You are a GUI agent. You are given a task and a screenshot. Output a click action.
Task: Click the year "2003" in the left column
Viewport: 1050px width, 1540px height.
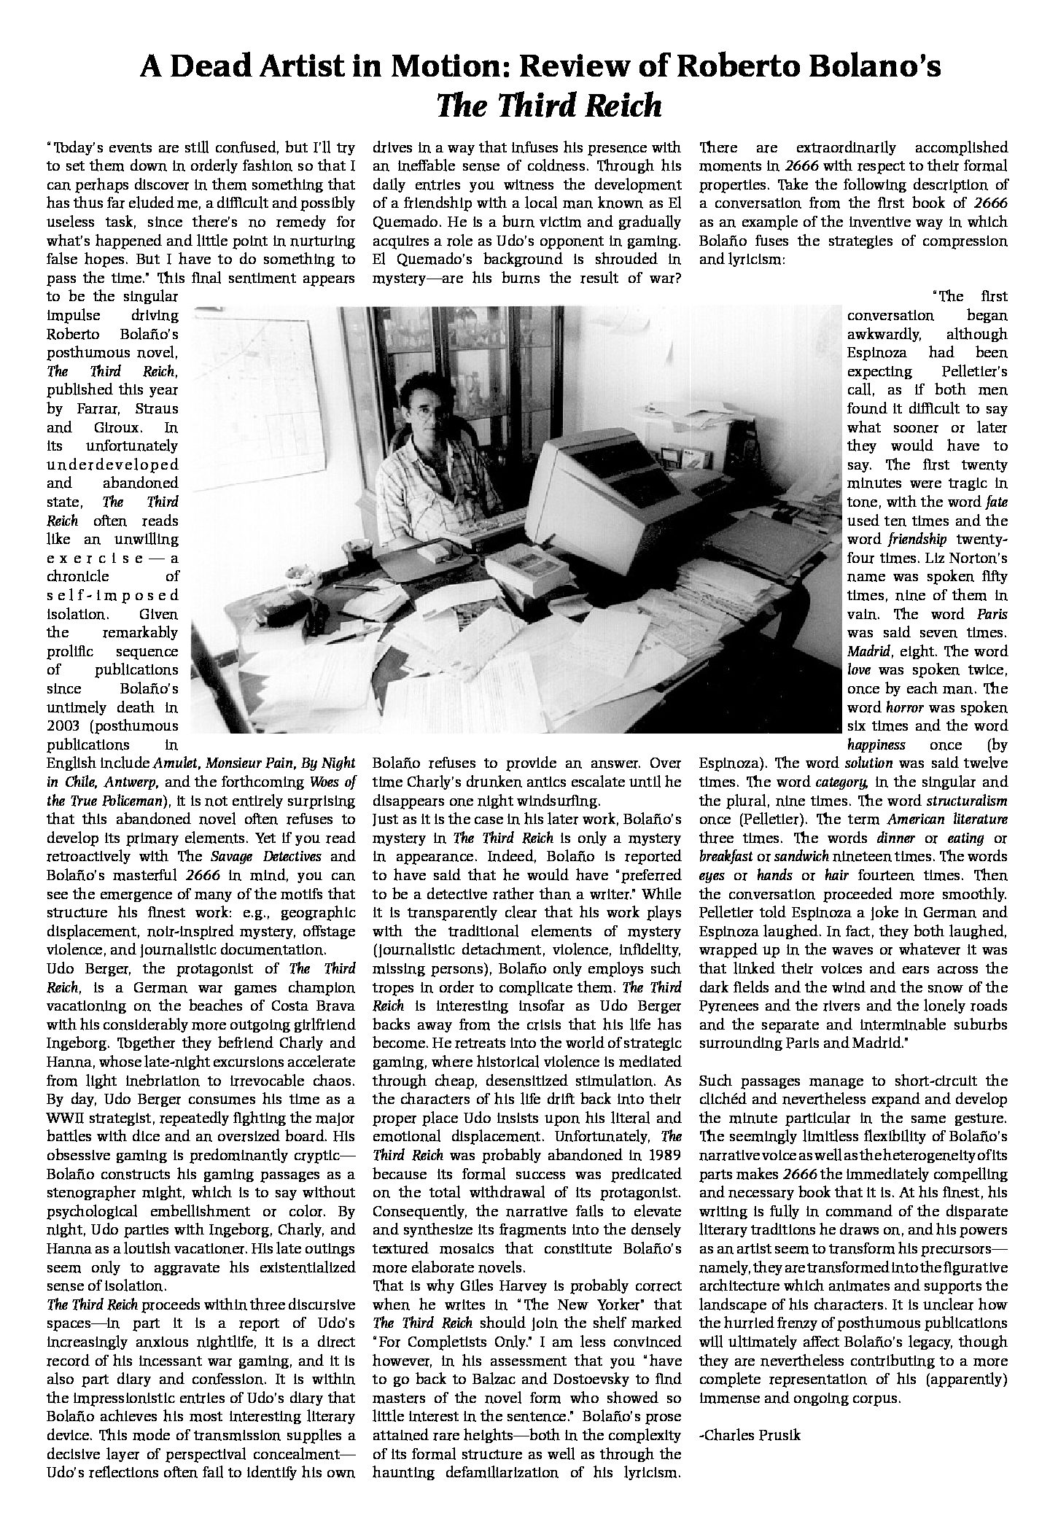67,726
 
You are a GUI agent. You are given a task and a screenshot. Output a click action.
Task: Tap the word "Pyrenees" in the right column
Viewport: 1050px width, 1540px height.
729,1006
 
